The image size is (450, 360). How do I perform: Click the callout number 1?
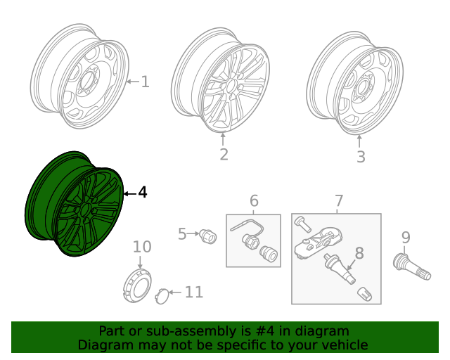(x=145, y=82)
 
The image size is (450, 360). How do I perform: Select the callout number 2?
(x=224, y=154)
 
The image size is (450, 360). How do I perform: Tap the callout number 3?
(x=360, y=157)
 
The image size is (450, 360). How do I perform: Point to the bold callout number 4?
(x=143, y=192)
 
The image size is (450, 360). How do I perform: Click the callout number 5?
(x=182, y=234)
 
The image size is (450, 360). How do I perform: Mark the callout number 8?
(x=359, y=253)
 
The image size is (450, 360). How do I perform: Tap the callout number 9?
(x=406, y=237)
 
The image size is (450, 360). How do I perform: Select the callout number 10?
(x=142, y=247)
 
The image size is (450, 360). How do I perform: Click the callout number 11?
(x=194, y=292)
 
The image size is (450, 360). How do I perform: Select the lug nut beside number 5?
(x=208, y=236)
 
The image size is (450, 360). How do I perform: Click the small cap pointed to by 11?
(x=161, y=295)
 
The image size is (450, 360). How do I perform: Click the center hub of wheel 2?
(x=229, y=84)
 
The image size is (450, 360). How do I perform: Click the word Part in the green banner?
(x=112, y=331)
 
